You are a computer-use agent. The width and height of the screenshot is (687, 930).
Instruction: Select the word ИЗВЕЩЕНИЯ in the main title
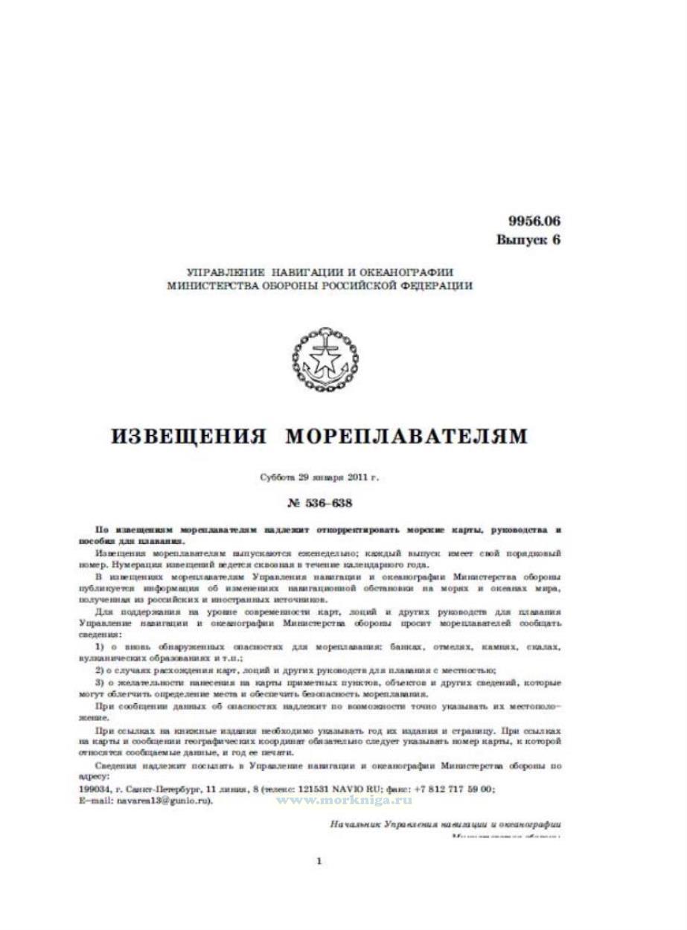click(188, 436)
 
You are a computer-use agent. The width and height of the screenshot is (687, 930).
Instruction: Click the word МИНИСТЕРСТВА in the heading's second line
click(215, 285)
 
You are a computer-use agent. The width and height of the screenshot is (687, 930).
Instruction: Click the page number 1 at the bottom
click(319, 862)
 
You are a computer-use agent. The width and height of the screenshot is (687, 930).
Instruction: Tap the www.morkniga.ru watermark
click(345, 799)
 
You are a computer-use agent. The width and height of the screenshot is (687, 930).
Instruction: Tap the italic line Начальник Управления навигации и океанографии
click(444, 824)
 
